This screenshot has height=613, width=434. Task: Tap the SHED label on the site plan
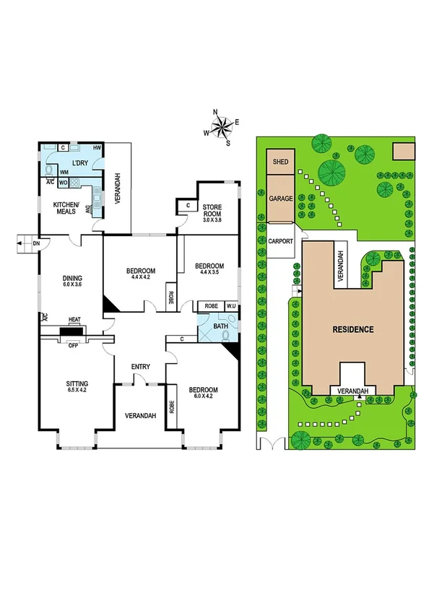pyautogui.click(x=280, y=162)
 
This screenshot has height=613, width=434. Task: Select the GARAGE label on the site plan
pyautogui.click(x=280, y=198)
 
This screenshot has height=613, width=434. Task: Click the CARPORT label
pyautogui.click(x=281, y=243)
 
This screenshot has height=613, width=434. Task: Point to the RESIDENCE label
pyautogui.click(x=353, y=329)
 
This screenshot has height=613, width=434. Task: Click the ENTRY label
pyautogui.click(x=140, y=368)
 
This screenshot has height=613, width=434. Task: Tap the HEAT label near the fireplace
pyautogui.click(x=74, y=319)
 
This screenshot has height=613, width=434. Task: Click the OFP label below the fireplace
pyautogui.click(x=73, y=345)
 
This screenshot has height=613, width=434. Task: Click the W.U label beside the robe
pyautogui.click(x=230, y=306)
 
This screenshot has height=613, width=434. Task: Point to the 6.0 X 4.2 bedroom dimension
pyautogui.click(x=203, y=398)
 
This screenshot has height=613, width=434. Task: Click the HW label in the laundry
pyautogui.click(x=96, y=148)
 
